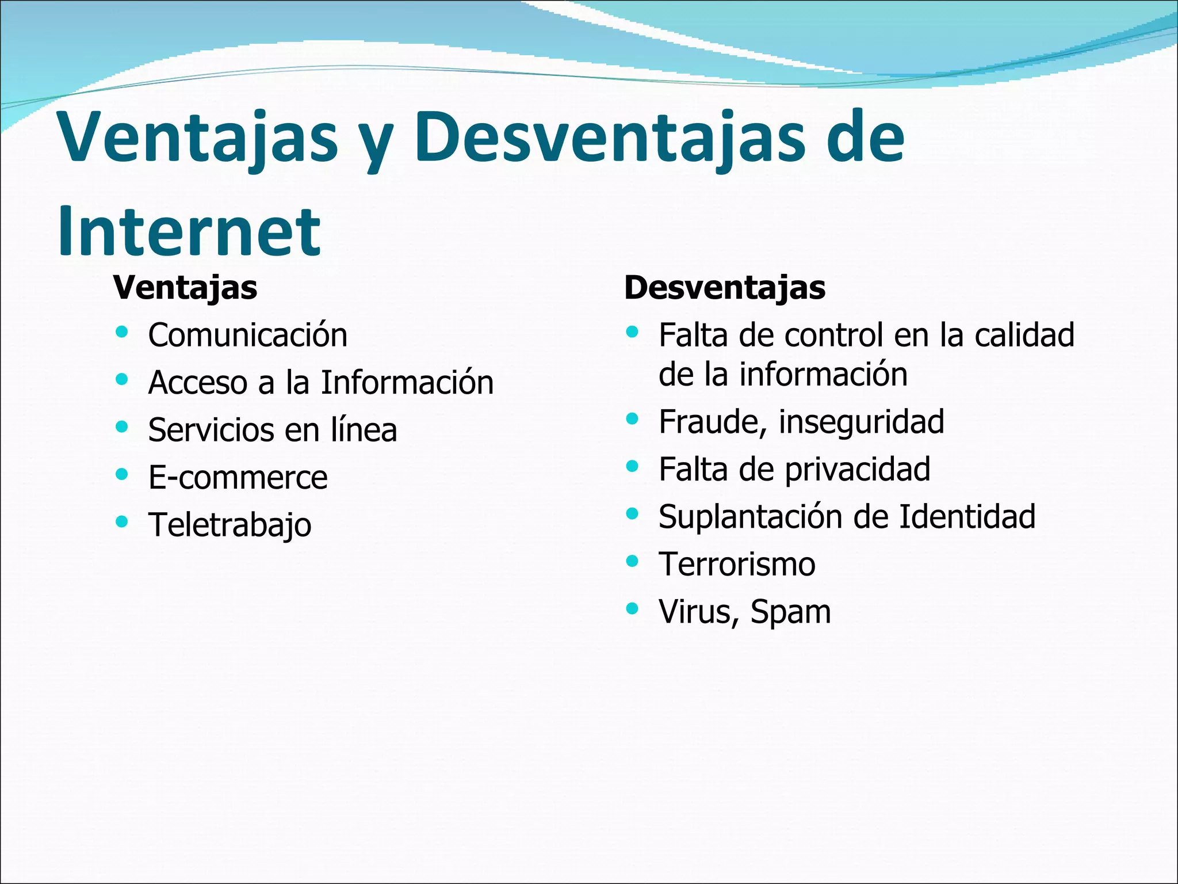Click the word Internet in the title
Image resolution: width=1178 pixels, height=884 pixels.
(189, 231)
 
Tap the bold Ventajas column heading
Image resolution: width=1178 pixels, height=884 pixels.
(185, 287)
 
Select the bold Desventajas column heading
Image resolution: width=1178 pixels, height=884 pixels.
(725, 287)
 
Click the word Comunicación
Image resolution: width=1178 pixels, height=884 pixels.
(247, 335)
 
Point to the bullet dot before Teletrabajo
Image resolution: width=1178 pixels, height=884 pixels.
(121, 522)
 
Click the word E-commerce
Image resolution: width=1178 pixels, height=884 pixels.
(238, 477)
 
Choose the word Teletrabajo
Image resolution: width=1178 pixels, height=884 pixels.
(230, 525)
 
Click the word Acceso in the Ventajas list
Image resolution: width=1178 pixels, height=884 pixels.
(197, 383)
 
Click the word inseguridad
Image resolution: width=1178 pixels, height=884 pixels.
(861, 422)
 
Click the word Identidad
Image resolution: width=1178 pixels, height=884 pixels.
(967, 516)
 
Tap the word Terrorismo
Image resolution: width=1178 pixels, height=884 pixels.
(737, 564)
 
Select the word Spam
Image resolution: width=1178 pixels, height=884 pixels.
(790, 612)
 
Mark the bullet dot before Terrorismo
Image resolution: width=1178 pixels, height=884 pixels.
(632, 561)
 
